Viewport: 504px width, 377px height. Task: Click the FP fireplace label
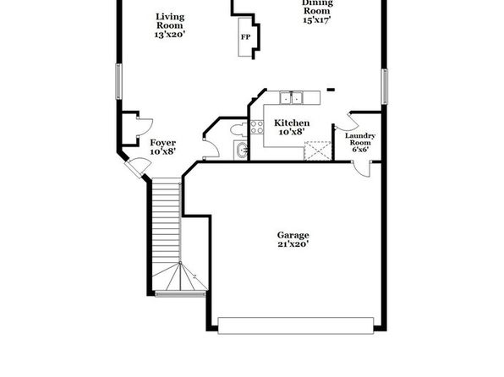click(x=245, y=37)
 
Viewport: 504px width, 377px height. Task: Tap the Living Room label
click(x=170, y=21)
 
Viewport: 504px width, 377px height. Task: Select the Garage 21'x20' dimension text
click(x=293, y=244)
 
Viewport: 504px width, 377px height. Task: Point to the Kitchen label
click(x=292, y=123)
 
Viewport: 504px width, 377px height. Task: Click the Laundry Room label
click(x=360, y=139)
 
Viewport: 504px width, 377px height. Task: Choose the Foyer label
click(x=163, y=143)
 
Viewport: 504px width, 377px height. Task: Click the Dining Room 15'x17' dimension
click(x=317, y=19)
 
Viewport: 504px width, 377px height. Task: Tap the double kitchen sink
click(x=291, y=98)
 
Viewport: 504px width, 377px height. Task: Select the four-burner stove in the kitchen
click(x=257, y=127)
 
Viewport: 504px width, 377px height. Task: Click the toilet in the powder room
click(x=238, y=129)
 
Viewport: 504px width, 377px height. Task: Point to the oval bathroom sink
click(x=241, y=150)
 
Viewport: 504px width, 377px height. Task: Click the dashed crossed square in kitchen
click(x=318, y=150)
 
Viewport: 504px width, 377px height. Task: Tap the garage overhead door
click(x=296, y=325)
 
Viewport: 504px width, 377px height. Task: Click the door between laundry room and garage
click(x=362, y=169)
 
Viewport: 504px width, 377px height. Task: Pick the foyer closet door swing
click(x=145, y=128)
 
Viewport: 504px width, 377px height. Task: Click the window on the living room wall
click(x=118, y=81)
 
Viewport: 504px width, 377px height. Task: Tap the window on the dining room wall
click(x=385, y=86)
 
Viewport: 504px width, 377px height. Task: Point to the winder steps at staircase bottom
click(x=179, y=277)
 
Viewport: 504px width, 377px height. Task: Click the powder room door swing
click(x=211, y=148)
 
